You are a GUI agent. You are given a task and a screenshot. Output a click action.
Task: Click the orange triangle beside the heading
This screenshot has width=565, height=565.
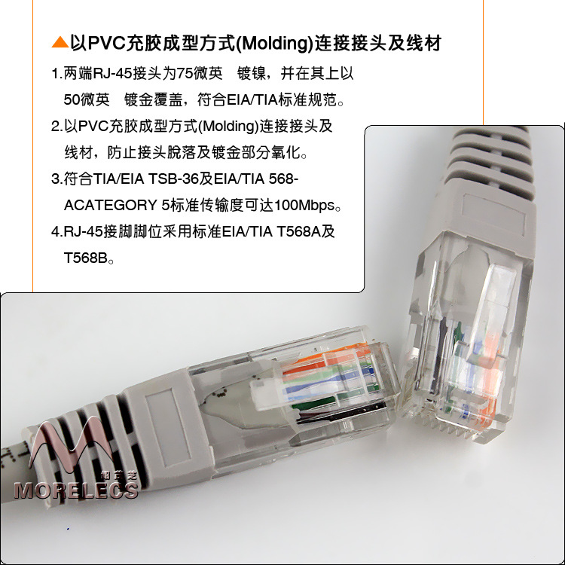tap(60, 42)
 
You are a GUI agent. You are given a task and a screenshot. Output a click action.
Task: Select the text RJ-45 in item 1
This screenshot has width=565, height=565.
tap(112, 74)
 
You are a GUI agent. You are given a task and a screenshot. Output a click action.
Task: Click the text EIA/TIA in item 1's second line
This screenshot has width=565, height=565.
tap(252, 99)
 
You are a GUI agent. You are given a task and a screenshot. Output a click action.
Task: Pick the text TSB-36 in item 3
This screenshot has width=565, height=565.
tap(171, 179)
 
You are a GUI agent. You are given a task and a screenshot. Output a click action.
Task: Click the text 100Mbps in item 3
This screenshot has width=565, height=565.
tap(304, 206)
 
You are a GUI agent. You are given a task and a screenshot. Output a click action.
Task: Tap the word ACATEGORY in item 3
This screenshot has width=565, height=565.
tap(111, 206)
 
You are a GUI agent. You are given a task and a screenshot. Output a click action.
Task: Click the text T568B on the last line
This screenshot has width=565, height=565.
tap(86, 258)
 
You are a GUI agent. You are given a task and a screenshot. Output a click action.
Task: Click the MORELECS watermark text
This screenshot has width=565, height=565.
tap(76, 490)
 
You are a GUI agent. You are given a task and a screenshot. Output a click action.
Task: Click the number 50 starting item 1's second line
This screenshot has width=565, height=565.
tap(72, 99)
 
